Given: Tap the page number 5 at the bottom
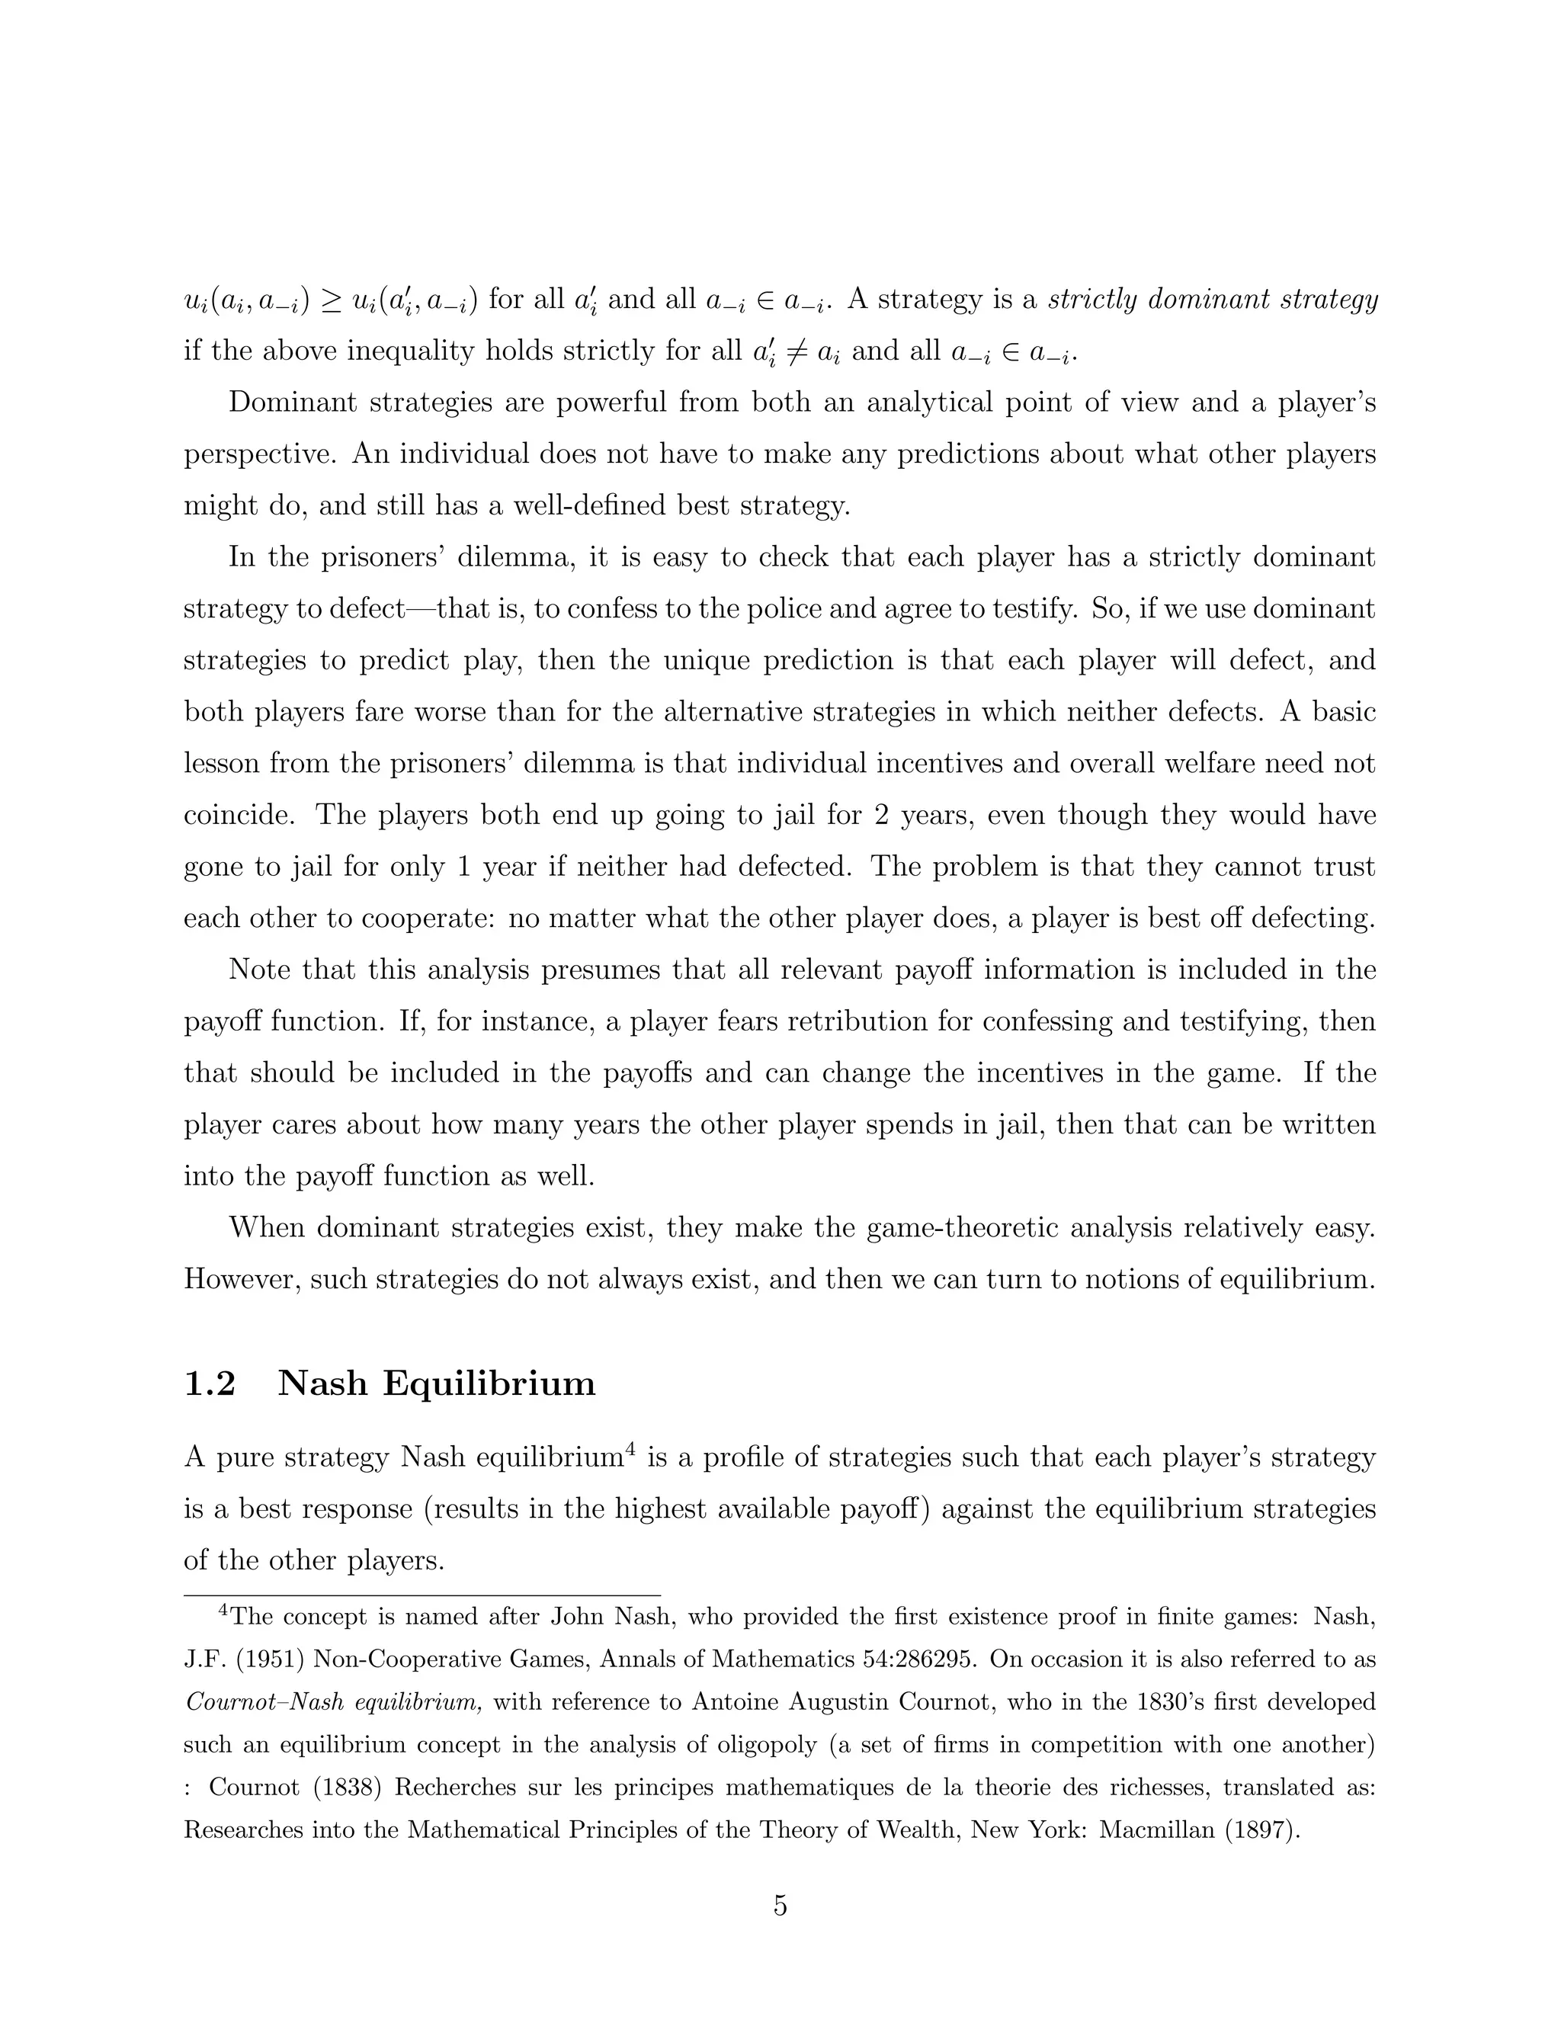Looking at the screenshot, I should [780, 1906].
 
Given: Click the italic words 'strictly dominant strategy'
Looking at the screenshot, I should [1213, 300].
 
